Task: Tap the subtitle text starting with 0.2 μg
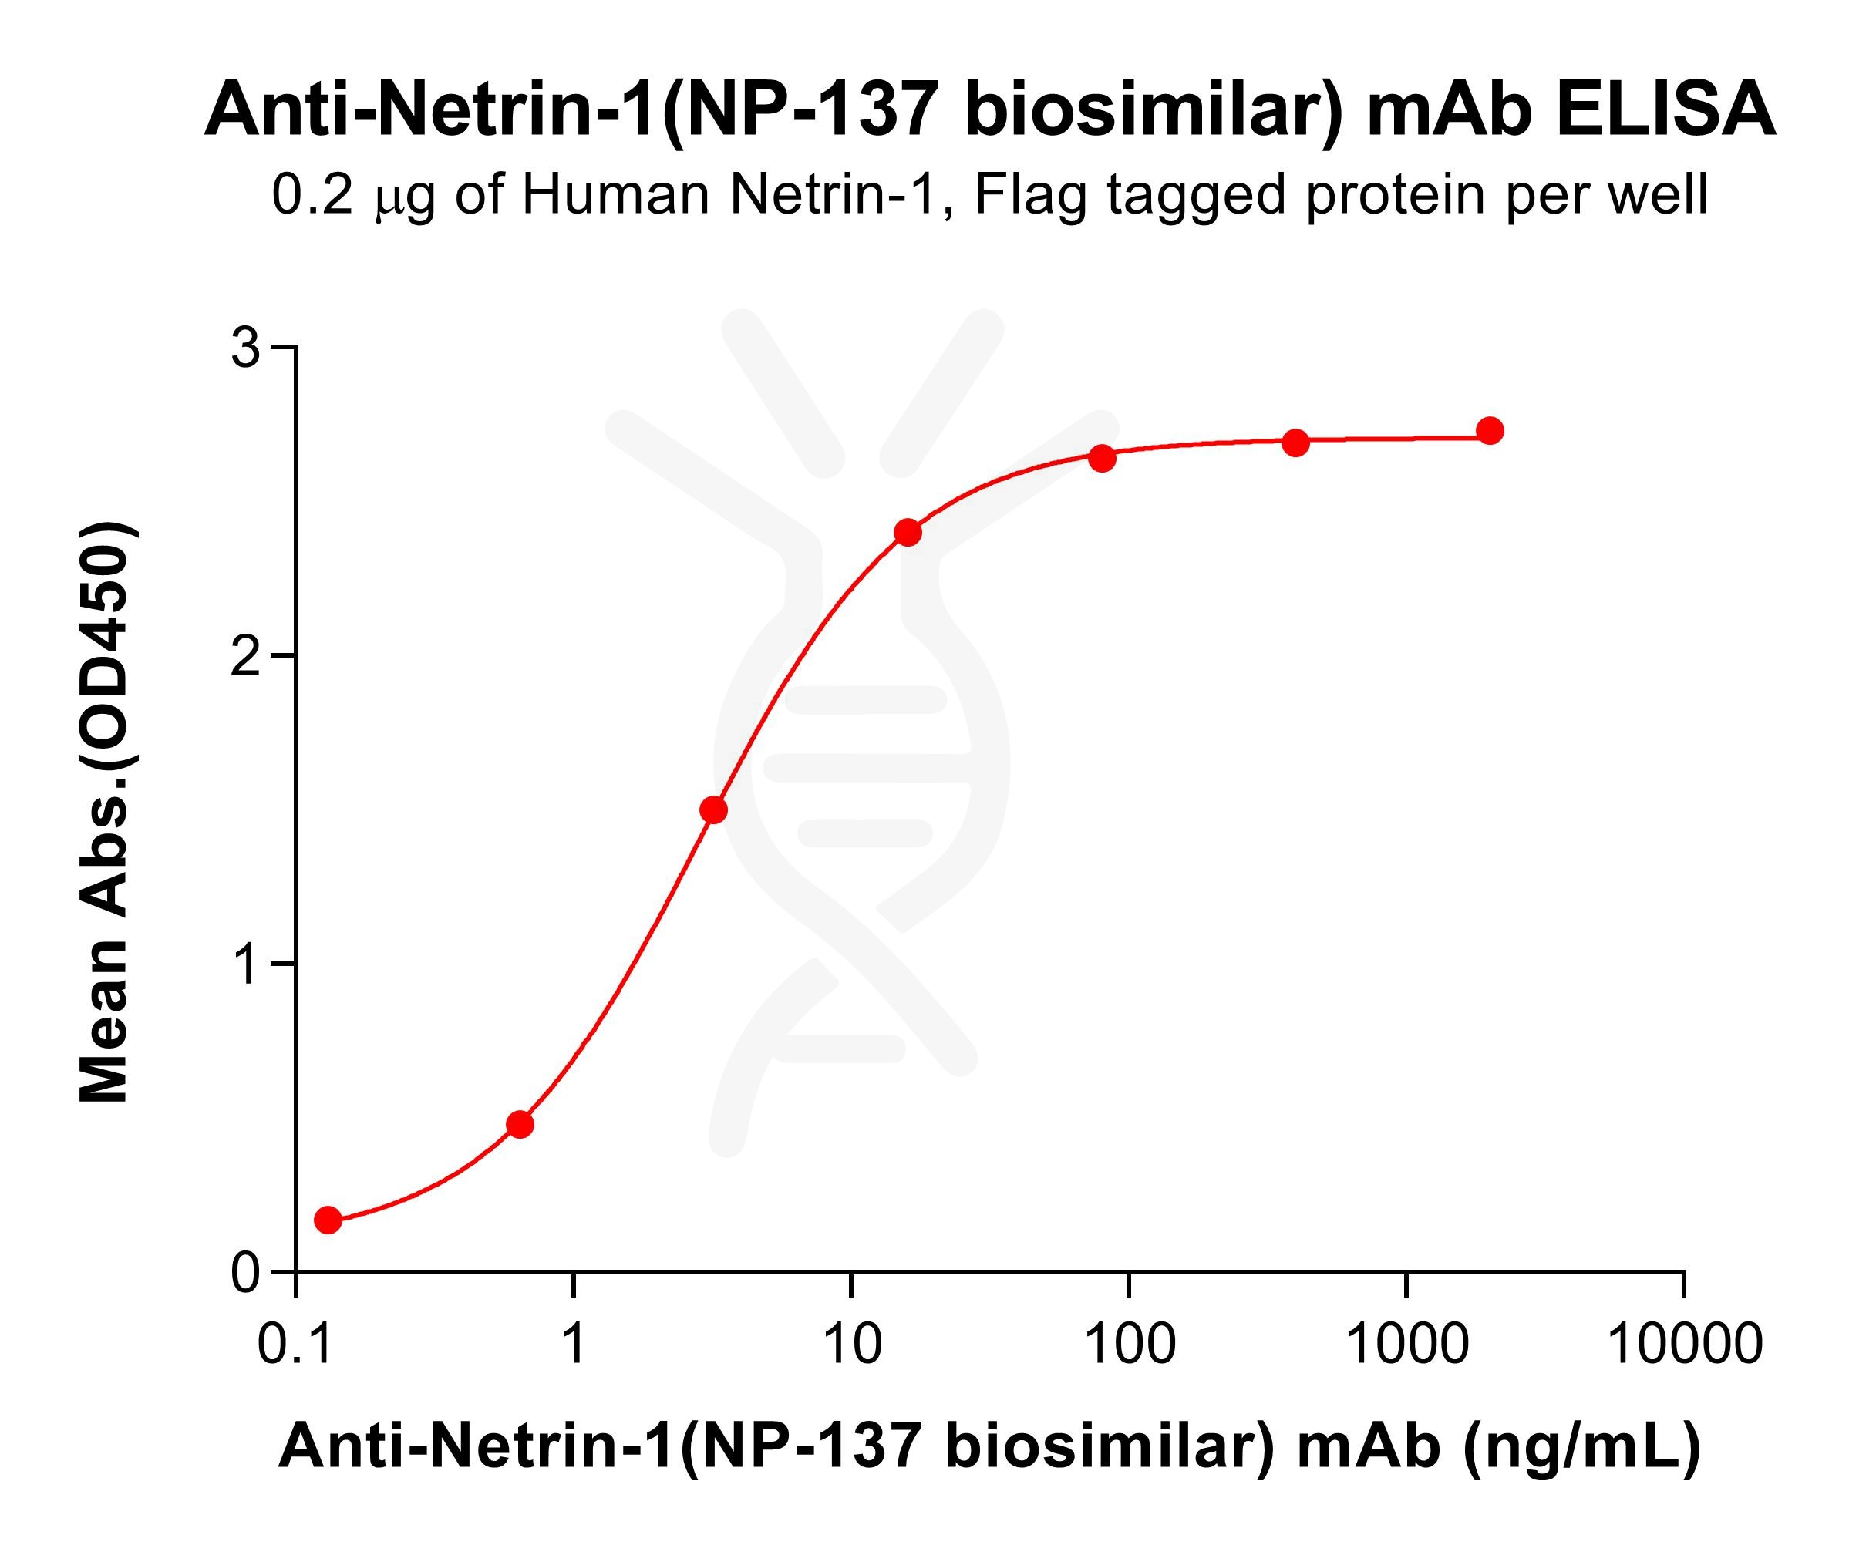[x=989, y=195]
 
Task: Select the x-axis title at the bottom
[x=989, y=1446]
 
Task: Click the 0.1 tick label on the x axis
[x=295, y=1344]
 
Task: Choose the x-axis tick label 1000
[x=1407, y=1344]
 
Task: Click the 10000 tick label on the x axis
[x=1685, y=1344]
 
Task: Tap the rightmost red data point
[x=1490, y=432]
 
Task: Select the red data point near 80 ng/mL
[x=1102, y=459]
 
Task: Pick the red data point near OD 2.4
[x=908, y=533]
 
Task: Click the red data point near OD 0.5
[x=520, y=1125]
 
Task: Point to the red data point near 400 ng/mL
[x=1295, y=443]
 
